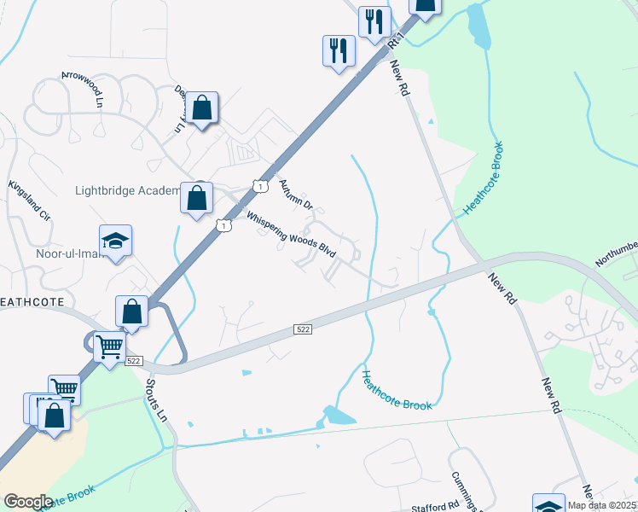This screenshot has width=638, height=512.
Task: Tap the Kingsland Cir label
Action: pos(30,200)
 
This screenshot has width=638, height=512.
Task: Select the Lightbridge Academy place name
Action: pos(127,190)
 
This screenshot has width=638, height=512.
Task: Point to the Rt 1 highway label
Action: pos(394,38)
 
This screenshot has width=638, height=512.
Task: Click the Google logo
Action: pos(28,502)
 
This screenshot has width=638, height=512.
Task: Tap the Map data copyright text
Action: pos(601,505)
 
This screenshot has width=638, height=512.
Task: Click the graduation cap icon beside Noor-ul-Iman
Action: pos(115,241)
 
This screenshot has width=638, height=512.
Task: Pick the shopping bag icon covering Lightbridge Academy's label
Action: pos(197,199)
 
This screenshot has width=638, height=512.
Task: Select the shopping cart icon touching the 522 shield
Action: pos(109,347)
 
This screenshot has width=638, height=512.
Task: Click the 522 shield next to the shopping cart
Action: pos(133,361)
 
